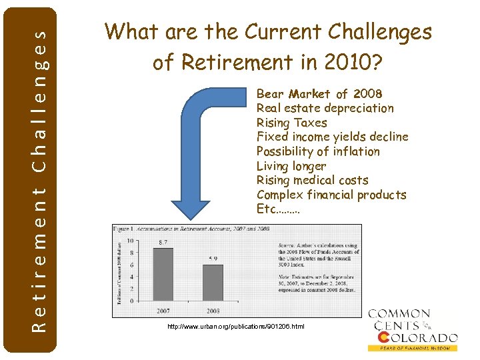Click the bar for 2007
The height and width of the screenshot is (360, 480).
[163, 274]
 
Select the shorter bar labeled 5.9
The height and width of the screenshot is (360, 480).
[213, 283]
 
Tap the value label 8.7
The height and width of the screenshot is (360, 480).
[163, 241]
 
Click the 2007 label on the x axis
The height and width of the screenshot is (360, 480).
[163, 311]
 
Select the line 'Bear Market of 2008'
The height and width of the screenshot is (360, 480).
[319, 93]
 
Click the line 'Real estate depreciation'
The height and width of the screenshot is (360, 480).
[325, 108]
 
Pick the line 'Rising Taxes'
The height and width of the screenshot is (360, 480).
[292, 123]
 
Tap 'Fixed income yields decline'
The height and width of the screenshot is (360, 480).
[333, 137]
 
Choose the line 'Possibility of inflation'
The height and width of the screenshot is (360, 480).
[318, 152]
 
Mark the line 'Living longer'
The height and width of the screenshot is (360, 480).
[291, 166]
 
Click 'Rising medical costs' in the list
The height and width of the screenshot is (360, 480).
[313, 181]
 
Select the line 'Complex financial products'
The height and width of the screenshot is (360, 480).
[331, 195]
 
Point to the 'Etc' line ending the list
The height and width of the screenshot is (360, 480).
[278, 209]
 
